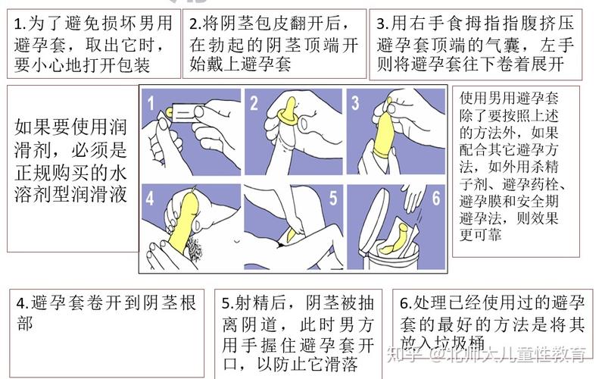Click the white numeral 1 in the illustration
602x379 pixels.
pyautogui.click(x=151, y=102)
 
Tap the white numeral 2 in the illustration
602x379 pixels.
pyautogui.click(x=254, y=102)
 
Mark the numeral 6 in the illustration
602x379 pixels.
pyautogui.click(x=435, y=199)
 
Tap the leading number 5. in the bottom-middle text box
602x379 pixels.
pyautogui.click(x=228, y=303)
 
